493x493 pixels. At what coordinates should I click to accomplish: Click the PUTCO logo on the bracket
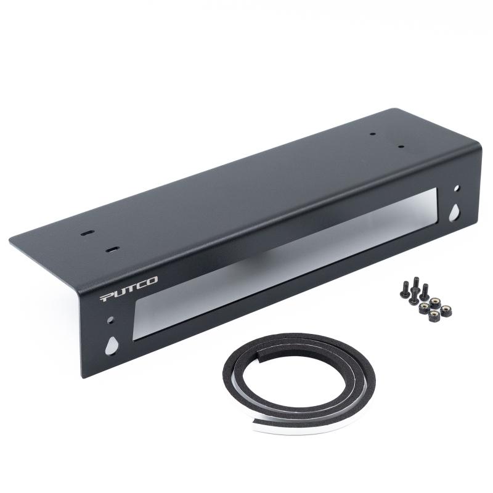[x=129, y=288]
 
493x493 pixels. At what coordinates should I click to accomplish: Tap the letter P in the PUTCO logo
[x=107, y=297]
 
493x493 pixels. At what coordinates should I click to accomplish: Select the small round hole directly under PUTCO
[x=110, y=320]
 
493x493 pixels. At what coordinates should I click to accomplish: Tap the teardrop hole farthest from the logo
[x=454, y=213]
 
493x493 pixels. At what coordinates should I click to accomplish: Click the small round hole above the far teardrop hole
[x=457, y=188]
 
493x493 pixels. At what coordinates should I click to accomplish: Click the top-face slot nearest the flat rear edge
[x=87, y=234]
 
